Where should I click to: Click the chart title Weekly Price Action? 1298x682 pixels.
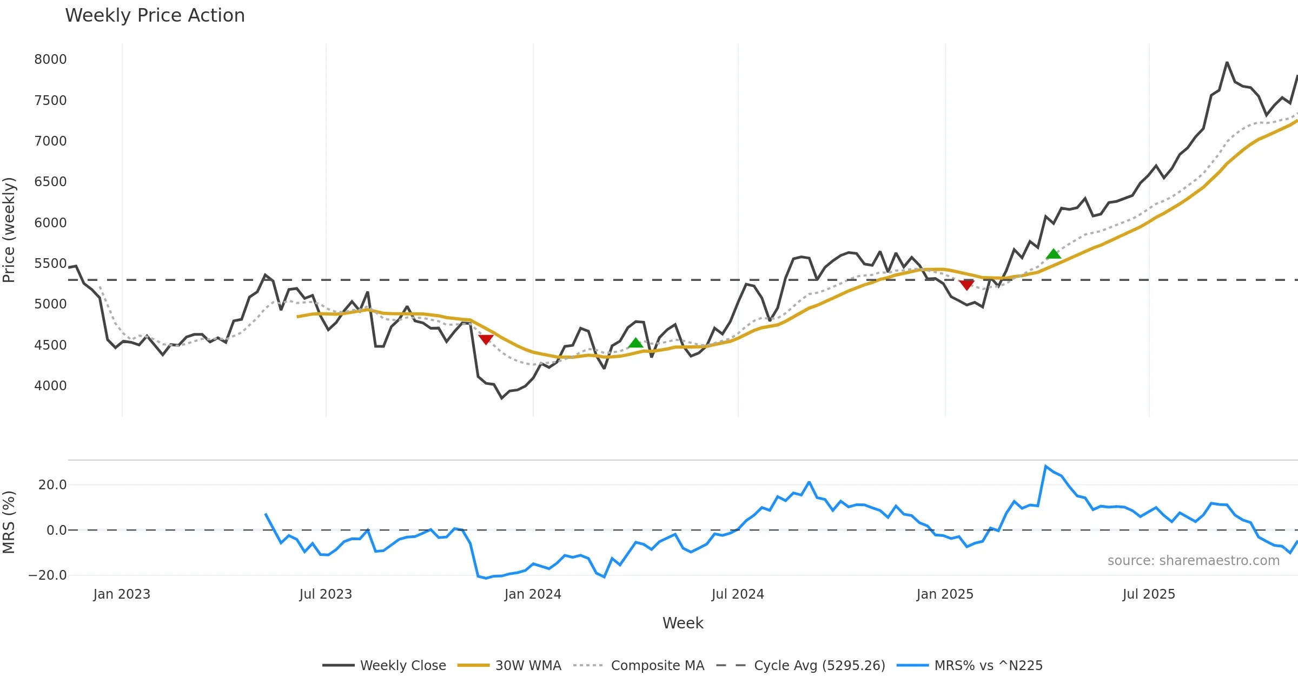[x=155, y=16]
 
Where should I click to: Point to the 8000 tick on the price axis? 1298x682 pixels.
[x=50, y=60]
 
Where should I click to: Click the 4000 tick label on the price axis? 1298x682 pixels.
[x=50, y=386]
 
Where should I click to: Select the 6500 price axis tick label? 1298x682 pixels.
[x=50, y=182]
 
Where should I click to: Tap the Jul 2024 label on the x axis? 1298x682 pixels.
[x=738, y=594]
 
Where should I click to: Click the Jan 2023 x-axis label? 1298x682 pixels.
[x=122, y=594]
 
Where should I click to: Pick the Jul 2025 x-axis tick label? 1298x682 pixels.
[x=1149, y=594]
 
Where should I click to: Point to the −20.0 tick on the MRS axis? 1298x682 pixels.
[x=48, y=575]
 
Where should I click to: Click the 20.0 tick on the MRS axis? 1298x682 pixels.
[x=52, y=485]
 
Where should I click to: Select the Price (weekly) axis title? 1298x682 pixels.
[x=9, y=230]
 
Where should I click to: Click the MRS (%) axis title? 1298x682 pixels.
[x=9, y=522]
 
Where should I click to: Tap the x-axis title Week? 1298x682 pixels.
[x=683, y=624]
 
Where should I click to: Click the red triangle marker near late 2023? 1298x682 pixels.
[x=486, y=339]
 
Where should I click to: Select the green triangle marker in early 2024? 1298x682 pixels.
[x=635, y=343]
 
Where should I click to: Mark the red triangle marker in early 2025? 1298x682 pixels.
[x=966, y=285]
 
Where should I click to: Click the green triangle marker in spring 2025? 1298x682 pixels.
[x=1053, y=254]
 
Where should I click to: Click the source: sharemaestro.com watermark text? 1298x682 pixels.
[x=1193, y=561]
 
